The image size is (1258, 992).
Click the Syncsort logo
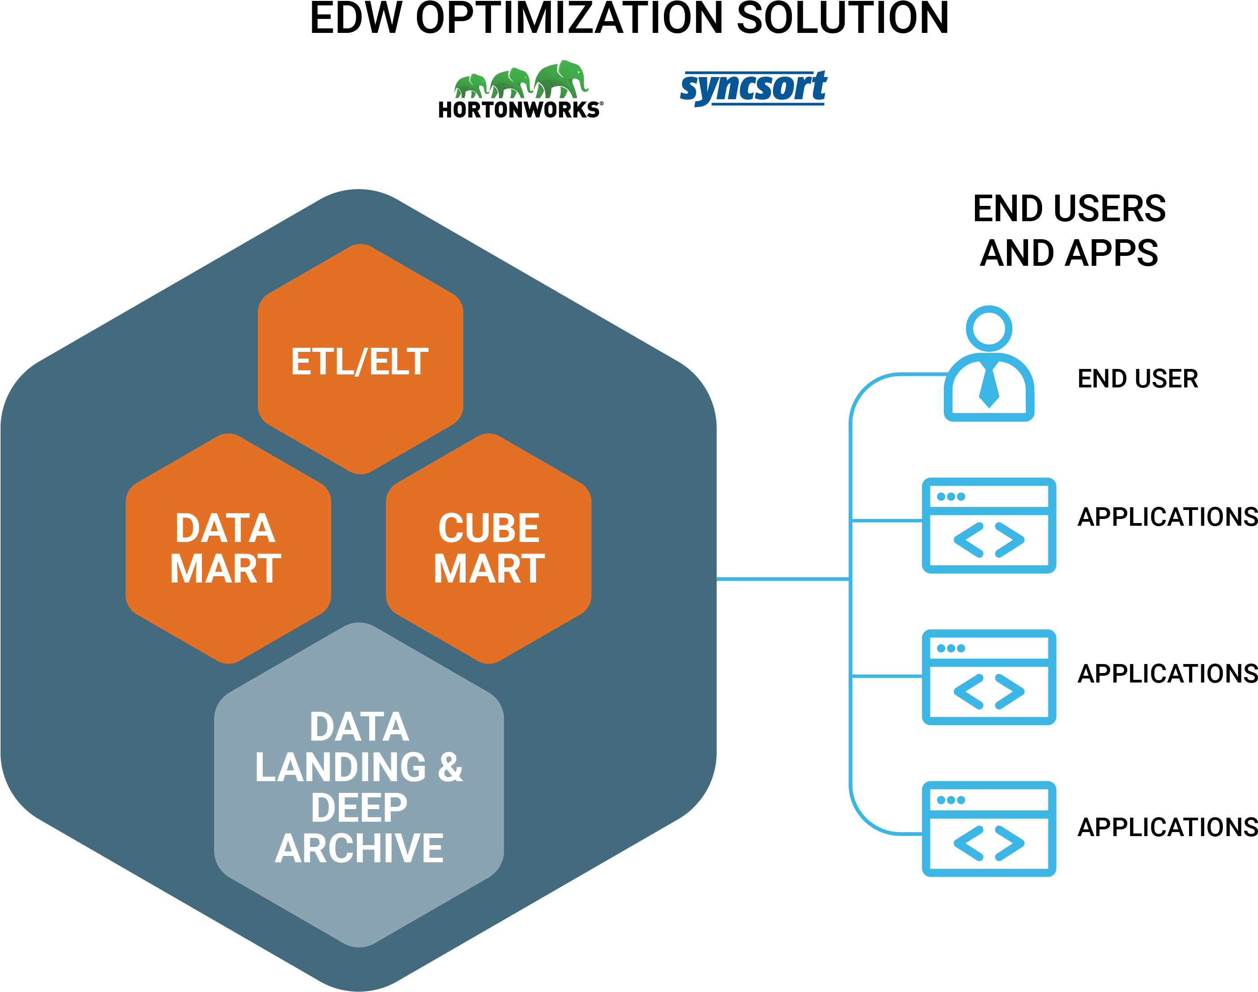tap(753, 88)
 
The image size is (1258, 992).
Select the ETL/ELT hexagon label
tap(360, 362)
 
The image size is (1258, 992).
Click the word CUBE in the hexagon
tap(489, 528)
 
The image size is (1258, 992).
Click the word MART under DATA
tap(225, 569)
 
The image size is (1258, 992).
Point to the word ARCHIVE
tap(359, 849)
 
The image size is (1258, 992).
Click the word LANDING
tap(340, 767)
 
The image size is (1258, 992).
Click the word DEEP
tap(359, 808)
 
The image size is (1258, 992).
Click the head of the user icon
tap(989, 328)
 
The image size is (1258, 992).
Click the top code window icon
tap(989, 525)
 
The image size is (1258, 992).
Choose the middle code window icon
tap(989, 677)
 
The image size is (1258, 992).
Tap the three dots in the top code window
tap(951, 496)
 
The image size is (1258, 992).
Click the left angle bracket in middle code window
tap(969, 692)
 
